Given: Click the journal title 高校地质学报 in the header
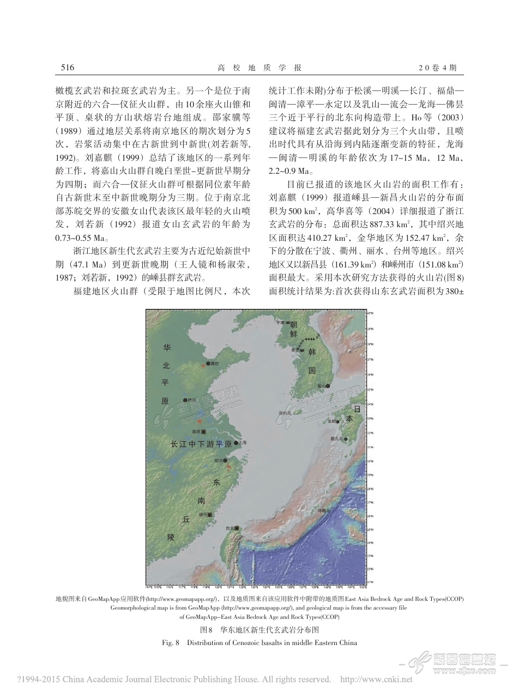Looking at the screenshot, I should pos(259,68).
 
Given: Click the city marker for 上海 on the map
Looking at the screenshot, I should pos(236,443).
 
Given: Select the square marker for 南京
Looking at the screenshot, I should pos(204,431).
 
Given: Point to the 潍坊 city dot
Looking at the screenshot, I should pos(208,363).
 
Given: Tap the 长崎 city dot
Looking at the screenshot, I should pos(339,421).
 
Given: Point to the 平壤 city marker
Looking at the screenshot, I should pos(288,323).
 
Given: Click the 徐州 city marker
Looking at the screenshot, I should pos(185,400).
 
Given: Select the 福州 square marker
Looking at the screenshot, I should pos(210,514).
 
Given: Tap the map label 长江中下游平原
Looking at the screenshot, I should pos(202,444).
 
